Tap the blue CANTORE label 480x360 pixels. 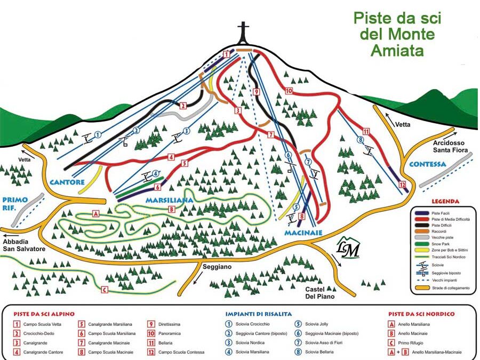67,182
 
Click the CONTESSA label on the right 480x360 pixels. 427,164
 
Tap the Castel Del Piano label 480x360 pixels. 319,292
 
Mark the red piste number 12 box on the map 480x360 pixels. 402,185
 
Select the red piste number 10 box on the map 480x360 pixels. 289,91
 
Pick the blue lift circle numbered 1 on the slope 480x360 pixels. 97,134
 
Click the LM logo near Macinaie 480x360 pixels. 348,249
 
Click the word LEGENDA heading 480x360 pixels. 442,202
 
